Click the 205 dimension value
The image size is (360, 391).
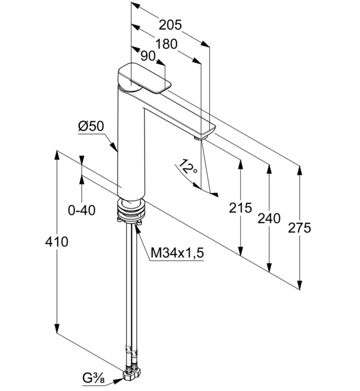coord(170,25)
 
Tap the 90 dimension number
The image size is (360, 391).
coord(147,56)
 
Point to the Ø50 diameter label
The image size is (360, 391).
coord(90,127)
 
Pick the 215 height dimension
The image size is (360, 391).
coord(241,208)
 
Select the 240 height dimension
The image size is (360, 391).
coord(269,218)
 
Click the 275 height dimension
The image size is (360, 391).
coord(300,228)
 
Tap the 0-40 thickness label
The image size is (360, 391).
coord(81,210)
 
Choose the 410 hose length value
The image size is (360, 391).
coord(56,242)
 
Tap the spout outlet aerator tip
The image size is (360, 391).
coord(199,135)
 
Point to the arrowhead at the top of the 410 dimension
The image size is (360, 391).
coord(56,153)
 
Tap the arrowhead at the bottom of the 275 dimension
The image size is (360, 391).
coord(300,286)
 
